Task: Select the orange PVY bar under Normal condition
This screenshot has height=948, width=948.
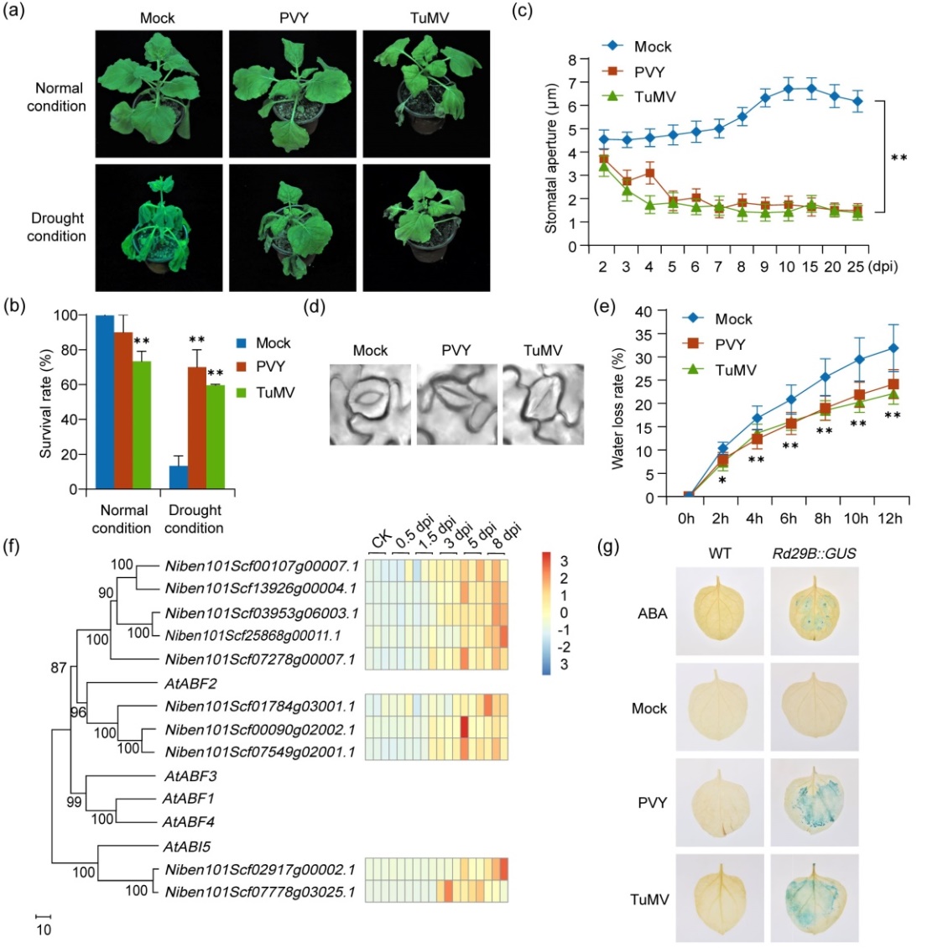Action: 123,411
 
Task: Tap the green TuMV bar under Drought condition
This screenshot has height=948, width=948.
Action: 215,437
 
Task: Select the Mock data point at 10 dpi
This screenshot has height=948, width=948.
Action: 788,89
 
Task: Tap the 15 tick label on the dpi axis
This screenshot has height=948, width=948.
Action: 810,267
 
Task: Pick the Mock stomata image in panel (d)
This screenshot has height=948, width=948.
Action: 370,403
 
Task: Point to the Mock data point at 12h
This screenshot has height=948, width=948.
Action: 893,348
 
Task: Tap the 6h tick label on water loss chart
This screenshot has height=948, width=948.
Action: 789,518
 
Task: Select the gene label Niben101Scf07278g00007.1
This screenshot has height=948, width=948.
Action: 260,659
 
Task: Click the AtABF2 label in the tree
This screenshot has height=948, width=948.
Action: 190,684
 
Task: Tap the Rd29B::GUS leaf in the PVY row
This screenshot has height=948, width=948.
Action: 813,804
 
